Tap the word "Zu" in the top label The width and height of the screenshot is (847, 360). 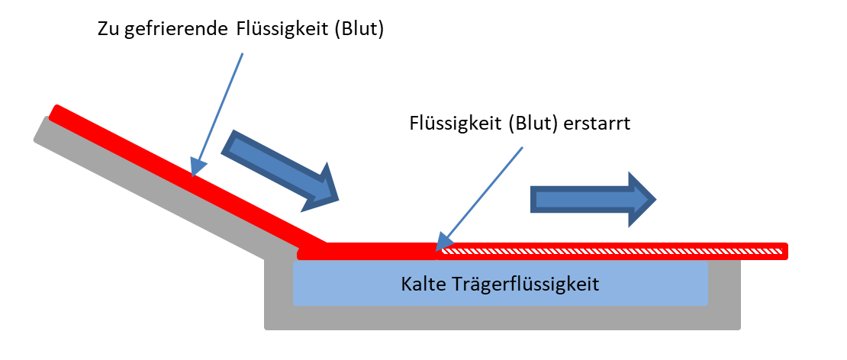coord(108,29)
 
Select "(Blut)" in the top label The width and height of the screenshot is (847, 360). coord(359,30)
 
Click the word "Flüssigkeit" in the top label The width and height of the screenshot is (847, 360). coord(281,30)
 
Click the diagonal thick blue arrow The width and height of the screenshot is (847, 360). coord(280,169)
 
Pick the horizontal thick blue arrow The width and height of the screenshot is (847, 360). coord(593,199)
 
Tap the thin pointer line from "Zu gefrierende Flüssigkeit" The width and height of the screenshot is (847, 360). coord(217,114)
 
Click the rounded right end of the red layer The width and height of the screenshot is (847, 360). coord(785,251)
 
